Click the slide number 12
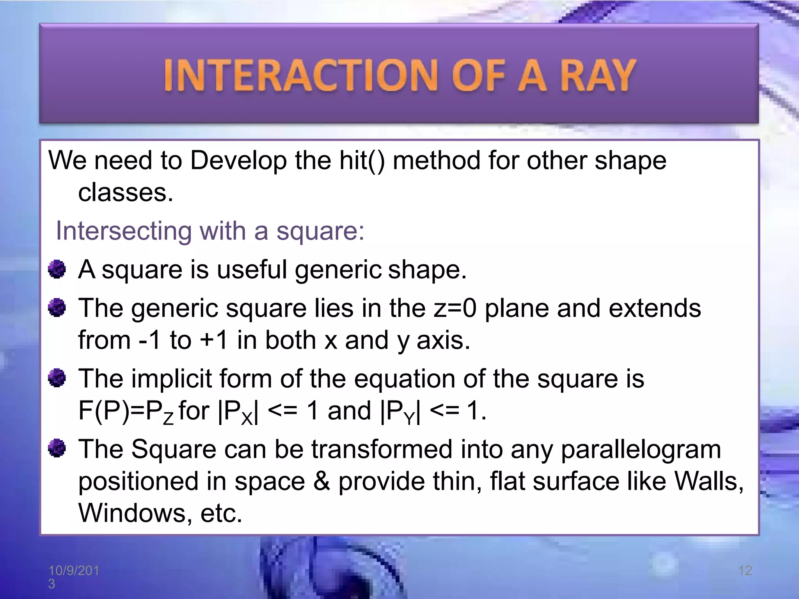pyautogui.click(x=745, y=571)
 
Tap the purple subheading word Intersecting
pyautogui.click(x=124, y=231)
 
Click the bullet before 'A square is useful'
pyautogui.click(x=57, y=269)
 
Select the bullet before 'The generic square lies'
pyautogui.click(x=57, y=308)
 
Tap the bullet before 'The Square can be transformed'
pyautogui.click(x=57, y=448)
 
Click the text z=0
pyautogui.click(x=455, y=308)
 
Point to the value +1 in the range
pyautogui.click(x=213, y=340)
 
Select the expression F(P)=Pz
pyautogui.click(x=126, y=411)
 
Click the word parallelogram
pyautogui.click(x=641, y=450)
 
